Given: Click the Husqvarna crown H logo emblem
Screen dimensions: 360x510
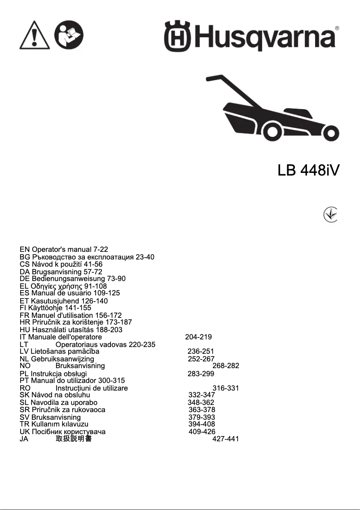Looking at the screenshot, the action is pyautogui.click(x=177, y=35).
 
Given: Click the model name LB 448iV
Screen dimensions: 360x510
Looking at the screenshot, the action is pyautogui.click(x=308, y=171).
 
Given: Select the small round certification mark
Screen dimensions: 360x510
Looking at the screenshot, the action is pyautogui.click(x=330, y=215).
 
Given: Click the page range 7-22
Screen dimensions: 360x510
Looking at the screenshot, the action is pyautogui.click(x=101, y=249).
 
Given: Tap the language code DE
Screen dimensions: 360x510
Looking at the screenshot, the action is pyautogui.click(x=25, y=278).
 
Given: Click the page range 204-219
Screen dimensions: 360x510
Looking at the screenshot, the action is pyautogui.click(x=198, y=337).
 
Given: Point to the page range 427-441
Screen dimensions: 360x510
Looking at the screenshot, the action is pyautogui.click(x=225, y=439).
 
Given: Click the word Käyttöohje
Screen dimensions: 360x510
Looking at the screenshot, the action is pyautogui.click(x=47, y=308).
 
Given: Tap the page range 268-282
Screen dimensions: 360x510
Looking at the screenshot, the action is pyautogui.click(x=225, y=366).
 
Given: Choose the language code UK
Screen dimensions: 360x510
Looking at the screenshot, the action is pyautogui.click(x=25, y=431).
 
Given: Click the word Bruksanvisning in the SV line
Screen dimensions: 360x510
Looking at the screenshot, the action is pyautogui.click(x=56, y=417).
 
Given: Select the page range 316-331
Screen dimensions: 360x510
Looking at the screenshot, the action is pyautogui.click(x=225, y=388).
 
